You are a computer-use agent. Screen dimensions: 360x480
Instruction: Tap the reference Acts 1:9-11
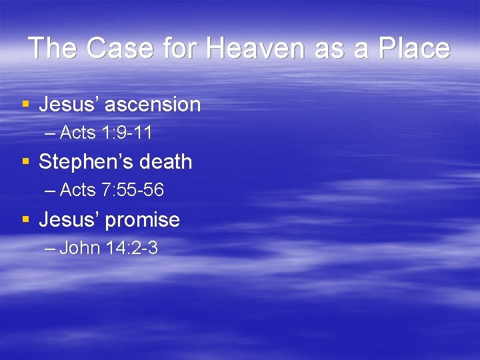pyautogui.click(x=106, y=133)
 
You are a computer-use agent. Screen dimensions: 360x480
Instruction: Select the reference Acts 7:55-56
pyautogui.click(x=112, y=191)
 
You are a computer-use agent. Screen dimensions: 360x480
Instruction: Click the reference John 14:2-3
pyautogui.click(x=109, y=249)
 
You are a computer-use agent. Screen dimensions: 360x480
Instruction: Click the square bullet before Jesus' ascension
pyautogui.click(x=25, y=105)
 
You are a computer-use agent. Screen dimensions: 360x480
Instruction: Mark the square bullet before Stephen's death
pyautogui.click(x=25, y=162)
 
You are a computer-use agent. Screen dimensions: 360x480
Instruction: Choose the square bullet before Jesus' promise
pyautogui.click(x=25, y=220)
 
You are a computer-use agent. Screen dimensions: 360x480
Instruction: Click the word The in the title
pyautogui.click(x=53, y=49)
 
